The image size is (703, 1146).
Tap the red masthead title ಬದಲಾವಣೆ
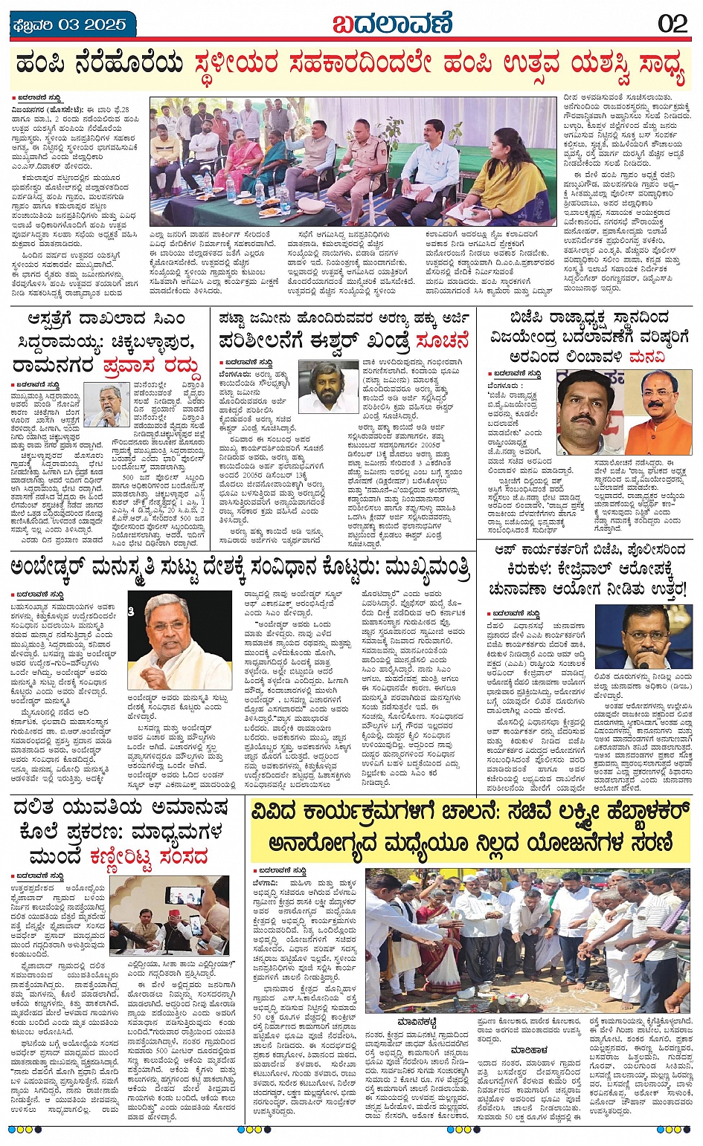tap(392, 23)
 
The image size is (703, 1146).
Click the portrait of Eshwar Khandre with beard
tap(328, 386)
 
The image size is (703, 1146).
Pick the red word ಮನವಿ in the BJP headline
tap(648, 357)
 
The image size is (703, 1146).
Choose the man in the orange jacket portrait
tap(657, 412)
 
